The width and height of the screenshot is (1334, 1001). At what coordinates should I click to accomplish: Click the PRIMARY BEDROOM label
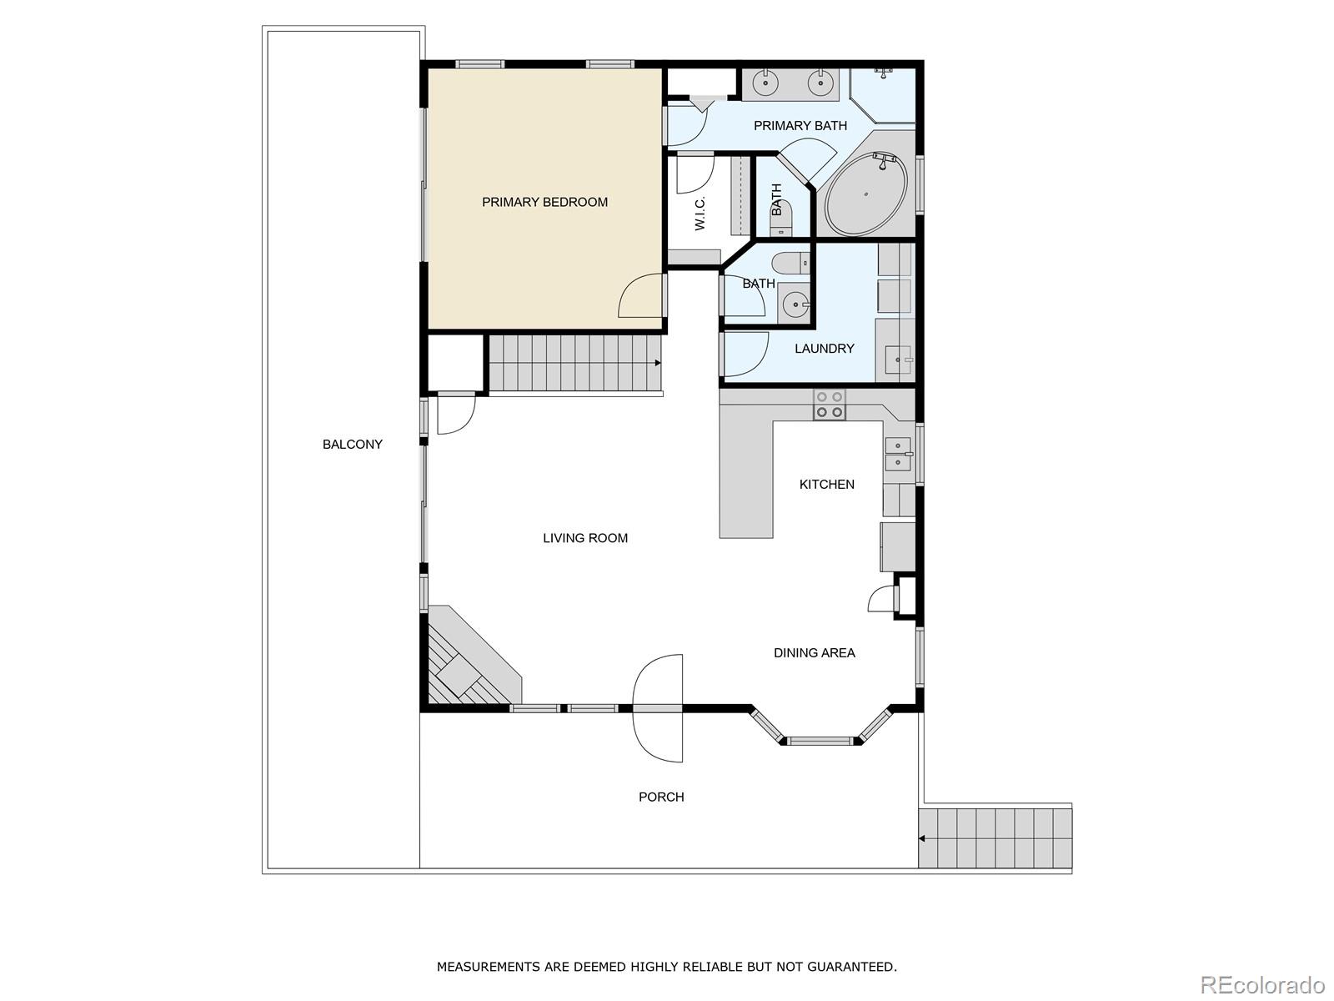pos(544,202)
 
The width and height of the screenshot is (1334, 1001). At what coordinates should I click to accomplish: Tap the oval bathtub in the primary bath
pos(866,194)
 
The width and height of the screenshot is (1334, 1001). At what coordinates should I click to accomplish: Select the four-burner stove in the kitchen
pos(830,405)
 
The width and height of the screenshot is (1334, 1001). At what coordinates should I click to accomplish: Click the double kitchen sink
pos(898,453)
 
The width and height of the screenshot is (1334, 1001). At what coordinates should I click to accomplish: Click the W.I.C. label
pos(700,213)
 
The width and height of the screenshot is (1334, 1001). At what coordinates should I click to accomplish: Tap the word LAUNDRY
pos(824,349)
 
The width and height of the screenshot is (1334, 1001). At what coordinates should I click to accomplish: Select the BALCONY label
pos(352,445)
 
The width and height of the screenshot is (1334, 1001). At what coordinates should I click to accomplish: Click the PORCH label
pos(661,797)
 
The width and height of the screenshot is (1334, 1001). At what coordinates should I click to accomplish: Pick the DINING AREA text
pos(814,653)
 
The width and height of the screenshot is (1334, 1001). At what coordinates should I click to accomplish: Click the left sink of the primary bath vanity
pos(765,83)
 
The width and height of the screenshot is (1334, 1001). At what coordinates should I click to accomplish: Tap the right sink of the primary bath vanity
pos(821,83)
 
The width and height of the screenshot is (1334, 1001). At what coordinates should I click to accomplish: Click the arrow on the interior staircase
pos(657,363)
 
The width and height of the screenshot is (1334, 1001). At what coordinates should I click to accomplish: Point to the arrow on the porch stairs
pos(923,838)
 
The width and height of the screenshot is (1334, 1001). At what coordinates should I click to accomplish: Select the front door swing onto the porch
pos(659,709)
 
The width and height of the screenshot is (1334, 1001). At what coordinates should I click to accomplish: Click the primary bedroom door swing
pos(642,296)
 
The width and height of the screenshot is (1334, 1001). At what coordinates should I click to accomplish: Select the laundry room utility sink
pos(899,360)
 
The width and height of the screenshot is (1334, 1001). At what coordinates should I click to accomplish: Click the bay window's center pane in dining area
pos(821,740)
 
